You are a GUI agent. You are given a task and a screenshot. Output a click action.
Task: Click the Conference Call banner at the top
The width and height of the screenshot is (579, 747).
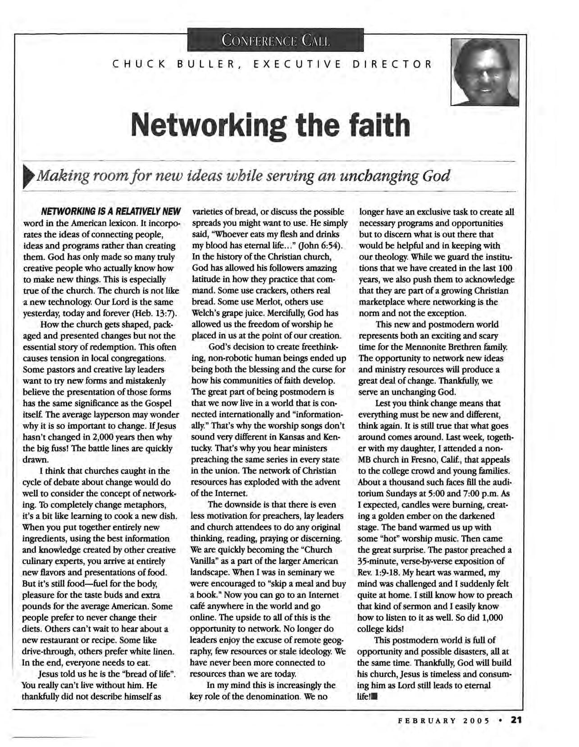274,40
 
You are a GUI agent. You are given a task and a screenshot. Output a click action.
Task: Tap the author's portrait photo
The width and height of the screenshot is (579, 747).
485,72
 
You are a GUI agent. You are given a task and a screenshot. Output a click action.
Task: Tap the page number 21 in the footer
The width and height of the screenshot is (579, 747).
515,720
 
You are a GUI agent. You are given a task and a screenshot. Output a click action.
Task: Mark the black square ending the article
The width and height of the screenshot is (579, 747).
374,697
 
